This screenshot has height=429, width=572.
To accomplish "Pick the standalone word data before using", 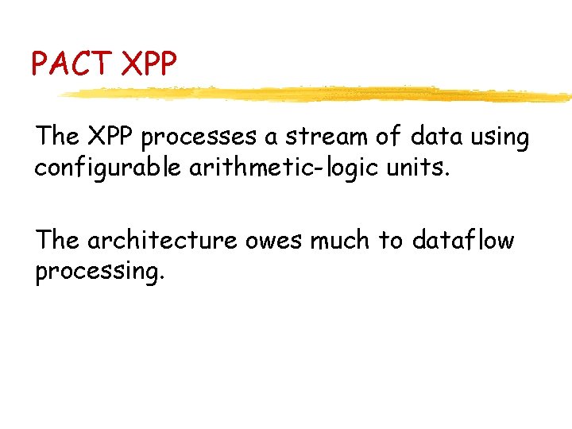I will [435, 137].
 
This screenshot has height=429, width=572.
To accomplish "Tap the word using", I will [498, 138].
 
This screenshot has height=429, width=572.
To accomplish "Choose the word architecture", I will [162, 240].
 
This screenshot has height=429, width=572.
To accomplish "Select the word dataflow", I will [462, 240].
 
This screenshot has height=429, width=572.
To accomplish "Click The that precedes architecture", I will [57, 240].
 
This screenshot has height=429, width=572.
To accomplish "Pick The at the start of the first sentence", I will [57, 137].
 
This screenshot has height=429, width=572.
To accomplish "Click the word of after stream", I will [388, 137].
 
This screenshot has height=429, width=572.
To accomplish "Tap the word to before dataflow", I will [390, 240].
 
